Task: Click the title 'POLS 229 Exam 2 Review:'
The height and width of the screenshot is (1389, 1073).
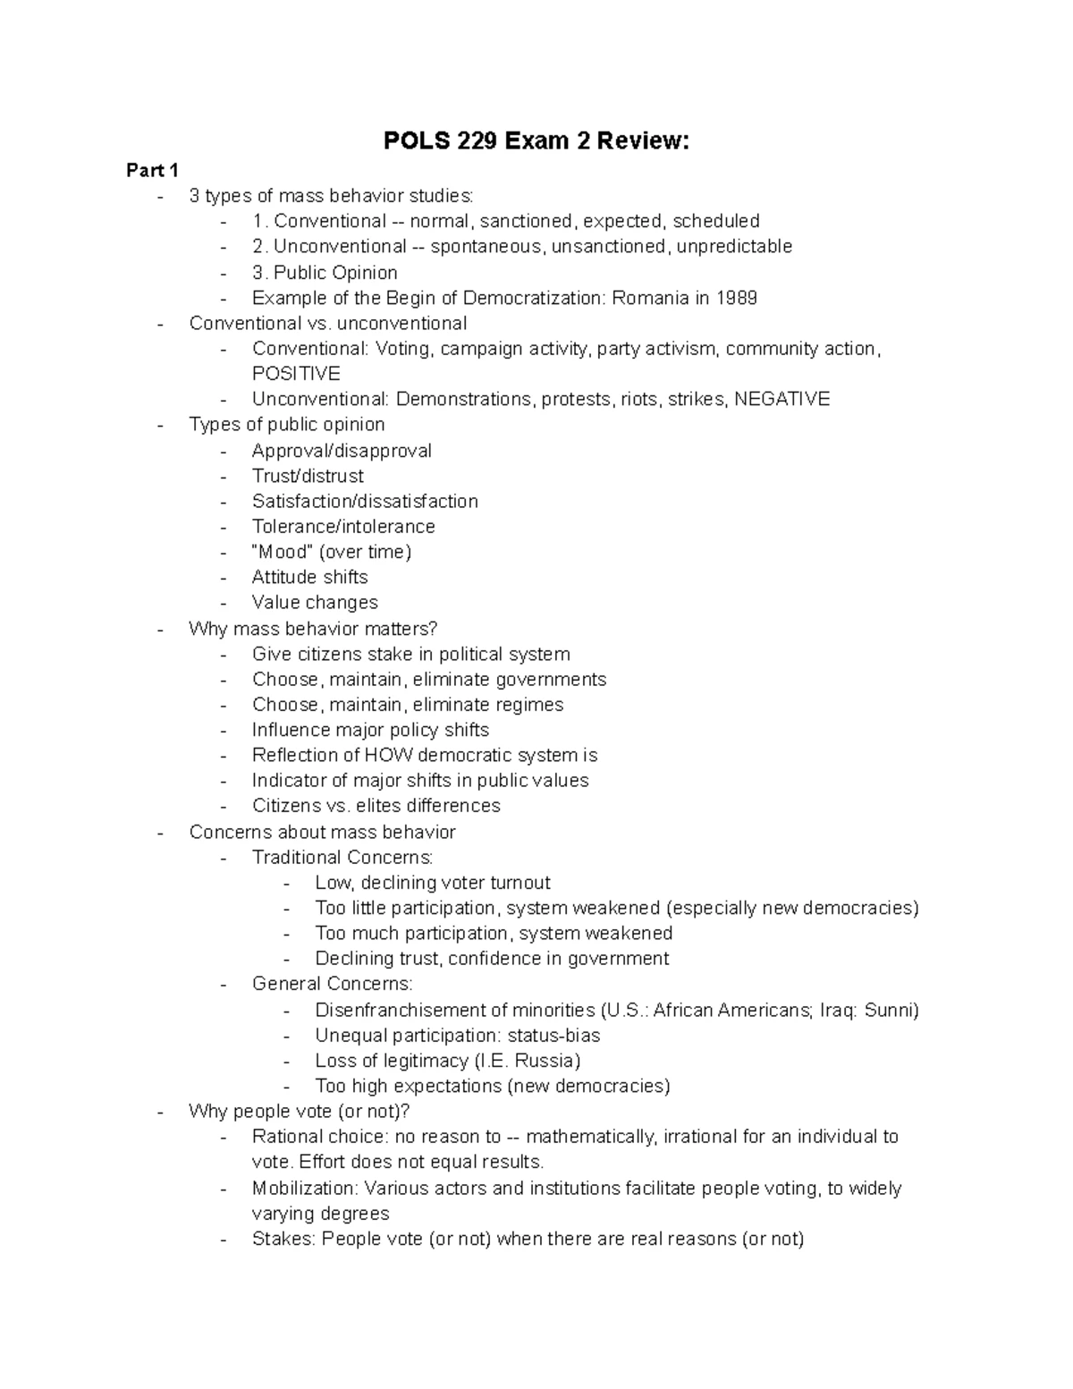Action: tap(536, 141)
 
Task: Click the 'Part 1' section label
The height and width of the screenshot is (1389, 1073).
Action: tap(152, 170)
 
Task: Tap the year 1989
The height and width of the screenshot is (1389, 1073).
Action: tap(736, 298)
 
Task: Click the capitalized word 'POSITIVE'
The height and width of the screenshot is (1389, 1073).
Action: tap(296, 374)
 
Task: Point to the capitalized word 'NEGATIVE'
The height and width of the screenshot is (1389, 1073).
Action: tap(782, 399)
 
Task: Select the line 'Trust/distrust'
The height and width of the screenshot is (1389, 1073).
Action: tap(308, 476)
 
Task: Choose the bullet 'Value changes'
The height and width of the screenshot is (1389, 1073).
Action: tap(315, 603)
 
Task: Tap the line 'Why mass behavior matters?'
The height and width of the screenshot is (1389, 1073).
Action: tap(313, 629)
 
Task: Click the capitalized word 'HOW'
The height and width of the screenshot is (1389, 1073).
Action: tap(390, 756)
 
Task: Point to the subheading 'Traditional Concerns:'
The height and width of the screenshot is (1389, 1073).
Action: tap(342, 858)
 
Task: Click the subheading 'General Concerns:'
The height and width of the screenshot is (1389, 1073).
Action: tap(333, 984)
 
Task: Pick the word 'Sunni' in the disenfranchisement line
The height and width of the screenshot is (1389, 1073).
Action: tap(891, 1011)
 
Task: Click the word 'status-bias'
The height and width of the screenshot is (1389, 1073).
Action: tap(553, 1036)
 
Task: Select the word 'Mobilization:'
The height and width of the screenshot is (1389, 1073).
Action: tap(304, 1189)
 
